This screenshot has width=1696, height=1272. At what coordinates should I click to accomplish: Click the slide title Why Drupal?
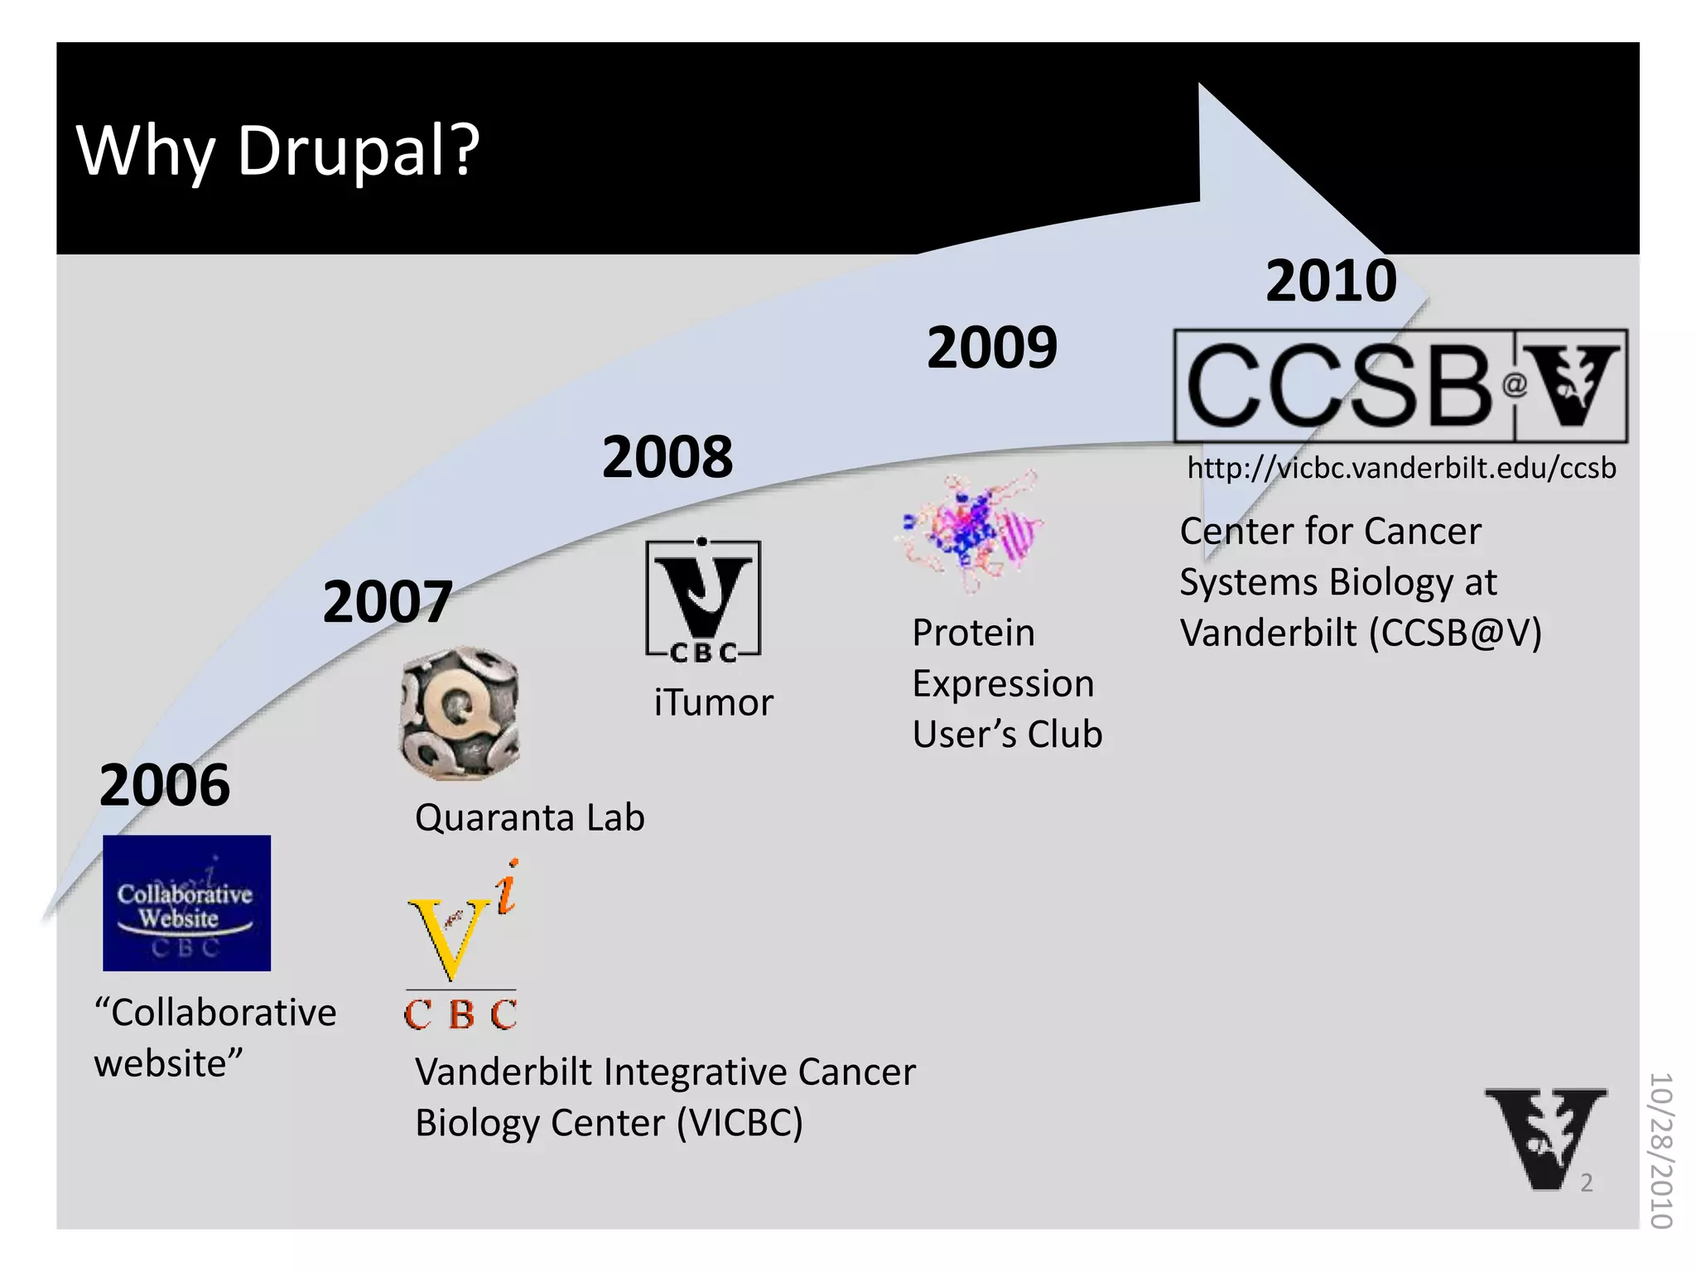click(277, 151)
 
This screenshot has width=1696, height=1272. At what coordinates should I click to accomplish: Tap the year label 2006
click(164, 785)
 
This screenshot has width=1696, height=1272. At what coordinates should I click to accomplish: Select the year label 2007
click(387, 601)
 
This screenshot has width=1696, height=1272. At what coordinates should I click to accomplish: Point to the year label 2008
click(667, 456)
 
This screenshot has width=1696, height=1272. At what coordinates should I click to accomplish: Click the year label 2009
click(992, 347)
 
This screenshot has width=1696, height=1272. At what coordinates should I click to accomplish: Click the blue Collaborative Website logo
click(186, 903)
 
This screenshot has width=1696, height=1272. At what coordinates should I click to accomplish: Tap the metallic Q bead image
click(460, 713)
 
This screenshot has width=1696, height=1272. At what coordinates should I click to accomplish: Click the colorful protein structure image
click(971, 530)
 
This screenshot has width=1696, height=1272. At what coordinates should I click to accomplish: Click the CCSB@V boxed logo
click(1400, 386)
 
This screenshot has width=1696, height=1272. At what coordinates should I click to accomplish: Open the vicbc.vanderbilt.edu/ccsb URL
click(1401, 468)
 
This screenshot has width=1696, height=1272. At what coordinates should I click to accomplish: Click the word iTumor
click(713, 702)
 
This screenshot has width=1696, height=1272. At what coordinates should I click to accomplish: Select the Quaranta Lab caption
click(529, 817)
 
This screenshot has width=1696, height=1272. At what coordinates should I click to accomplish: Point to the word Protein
click(973, 633)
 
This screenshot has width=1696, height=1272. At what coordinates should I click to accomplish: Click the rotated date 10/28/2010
click(1661, 1150)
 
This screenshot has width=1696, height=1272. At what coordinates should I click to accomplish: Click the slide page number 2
click(1586, 1183)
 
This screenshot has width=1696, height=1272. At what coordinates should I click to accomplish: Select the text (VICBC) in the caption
click(740, 1123)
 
